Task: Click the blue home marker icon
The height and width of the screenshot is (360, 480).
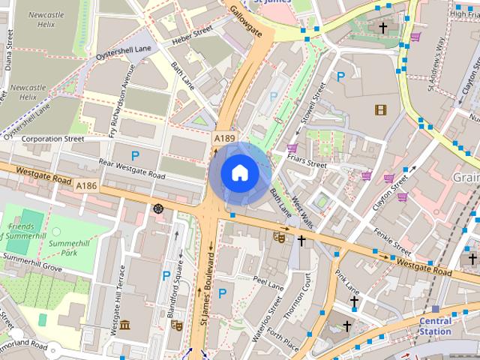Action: pyautogui.click(x=239, y=173)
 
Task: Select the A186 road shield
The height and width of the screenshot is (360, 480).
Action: pyautogui.click(x=86, y=185)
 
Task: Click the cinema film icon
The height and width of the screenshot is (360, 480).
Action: pyautogui.click(x=381, y=109)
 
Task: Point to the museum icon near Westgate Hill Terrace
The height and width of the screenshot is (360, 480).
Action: pyautogui.click(x=125, y=325)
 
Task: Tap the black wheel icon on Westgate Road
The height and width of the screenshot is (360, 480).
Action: pyautogui.click(x=158, y=208)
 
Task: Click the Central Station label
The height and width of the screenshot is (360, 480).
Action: pyautogui.click(x=435, y=326)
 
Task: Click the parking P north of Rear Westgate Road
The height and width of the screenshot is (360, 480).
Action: pyautogui.click(x=135, y=155)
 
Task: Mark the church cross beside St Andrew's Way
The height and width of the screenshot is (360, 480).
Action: pyautogui.click(x=382, y=28)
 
